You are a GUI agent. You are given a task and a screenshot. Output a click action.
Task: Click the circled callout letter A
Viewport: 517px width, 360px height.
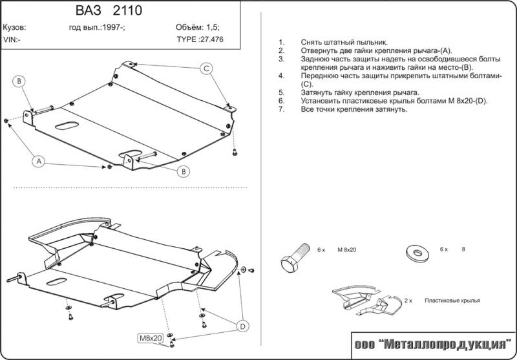39,162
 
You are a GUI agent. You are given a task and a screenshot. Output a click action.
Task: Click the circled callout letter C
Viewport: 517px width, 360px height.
206,69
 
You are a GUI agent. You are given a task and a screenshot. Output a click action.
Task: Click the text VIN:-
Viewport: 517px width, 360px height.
12,39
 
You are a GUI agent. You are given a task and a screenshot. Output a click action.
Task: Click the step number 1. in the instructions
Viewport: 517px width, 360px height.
282,42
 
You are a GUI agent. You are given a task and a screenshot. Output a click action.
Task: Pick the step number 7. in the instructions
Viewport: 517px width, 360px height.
282,110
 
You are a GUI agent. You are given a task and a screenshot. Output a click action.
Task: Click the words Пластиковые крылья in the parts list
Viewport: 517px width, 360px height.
453,301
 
